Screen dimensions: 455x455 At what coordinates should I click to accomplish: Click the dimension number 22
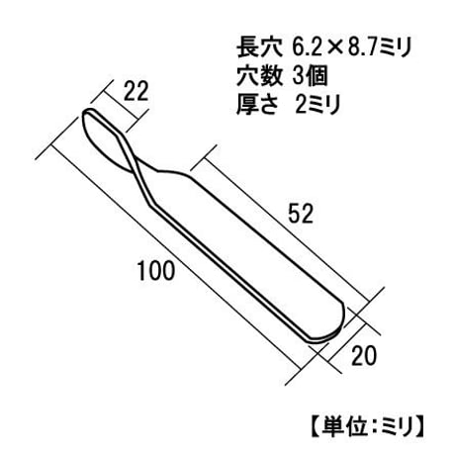click(136, 91)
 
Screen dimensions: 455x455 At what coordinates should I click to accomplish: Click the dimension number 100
click(155, 271)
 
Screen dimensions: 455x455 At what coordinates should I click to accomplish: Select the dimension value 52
click(301, 214)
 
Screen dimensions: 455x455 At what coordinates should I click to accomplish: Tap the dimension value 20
click(364, 356)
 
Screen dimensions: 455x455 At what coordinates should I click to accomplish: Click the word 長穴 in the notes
click(260, 47)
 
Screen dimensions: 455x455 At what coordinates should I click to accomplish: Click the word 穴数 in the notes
click(260, 76)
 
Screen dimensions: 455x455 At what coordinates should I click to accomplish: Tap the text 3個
click(310, 76)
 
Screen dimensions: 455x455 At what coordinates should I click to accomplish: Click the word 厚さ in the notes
click(257, 104)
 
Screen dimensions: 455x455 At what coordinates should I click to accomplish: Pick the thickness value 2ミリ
click(318, 104)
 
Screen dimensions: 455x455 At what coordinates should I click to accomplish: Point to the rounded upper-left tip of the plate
click(86, 112)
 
